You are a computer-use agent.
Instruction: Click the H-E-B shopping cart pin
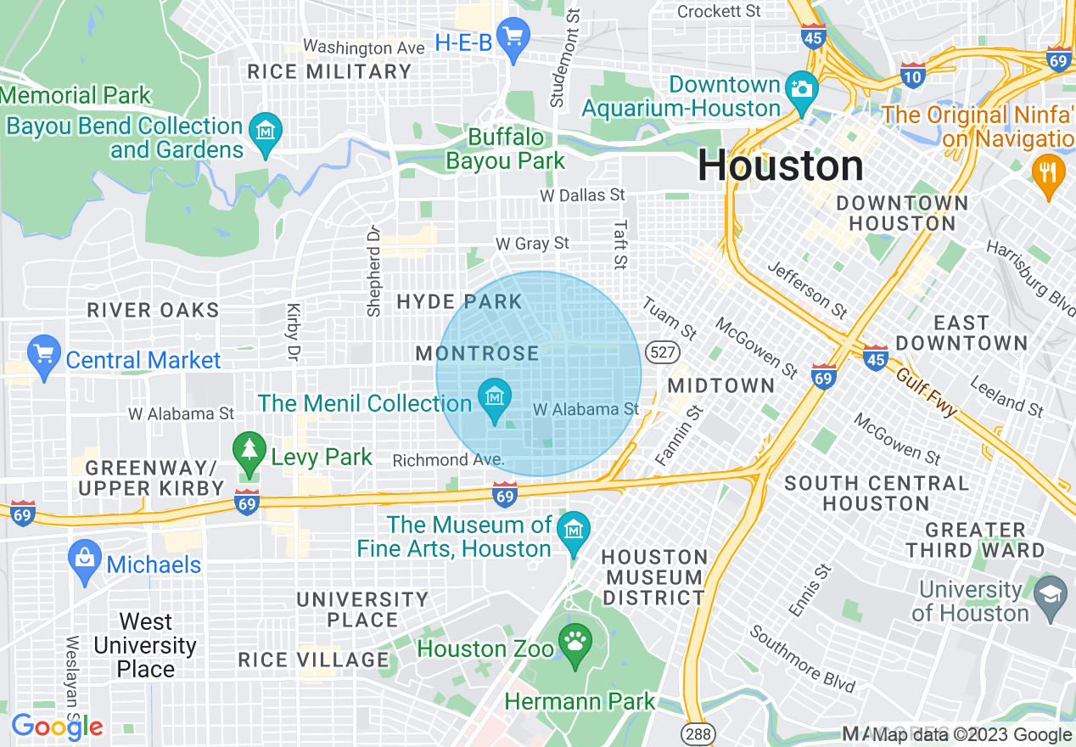(x=513, y=38)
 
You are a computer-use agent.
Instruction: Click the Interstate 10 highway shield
(x=913, y=76)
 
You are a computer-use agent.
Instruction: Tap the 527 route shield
(x=659, y=351)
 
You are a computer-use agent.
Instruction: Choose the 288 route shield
(x=698, y=733)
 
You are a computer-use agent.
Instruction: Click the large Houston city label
(x=780, y=166)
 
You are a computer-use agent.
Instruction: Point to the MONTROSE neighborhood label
(x=477, y=353)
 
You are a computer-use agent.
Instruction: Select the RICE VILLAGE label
(x=313, y=660)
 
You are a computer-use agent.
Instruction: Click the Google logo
(x=57, y=727)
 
